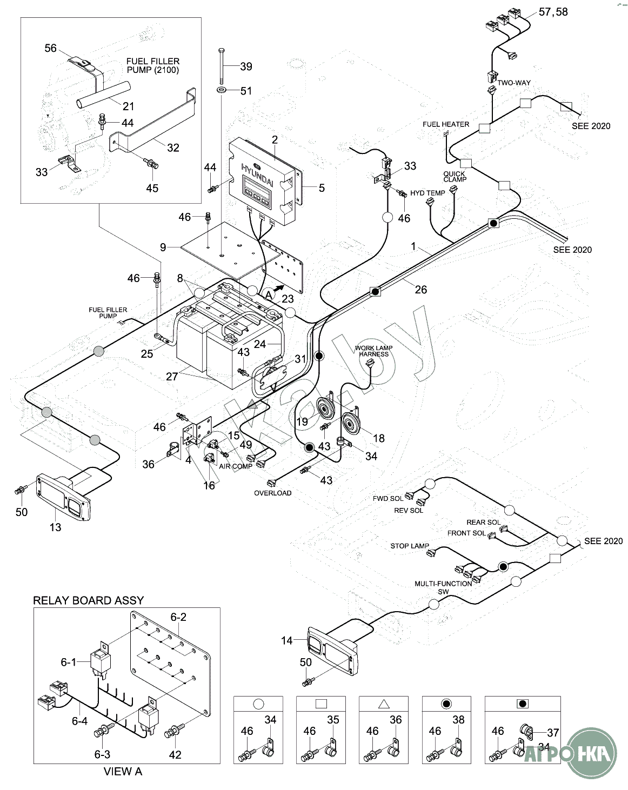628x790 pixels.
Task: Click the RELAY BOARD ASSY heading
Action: pos(89,600)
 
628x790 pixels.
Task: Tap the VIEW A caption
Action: pos(123,772)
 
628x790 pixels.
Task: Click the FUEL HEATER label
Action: pos(445,124)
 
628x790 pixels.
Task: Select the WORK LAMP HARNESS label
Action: pos(373,351)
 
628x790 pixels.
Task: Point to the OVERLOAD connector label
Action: pos(272,493)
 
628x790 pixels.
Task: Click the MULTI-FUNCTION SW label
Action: pos(443,587)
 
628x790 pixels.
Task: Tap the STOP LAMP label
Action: pos(409,546)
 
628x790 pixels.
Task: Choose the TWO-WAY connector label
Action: pos(513,83)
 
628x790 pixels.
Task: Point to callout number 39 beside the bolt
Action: pos(246,66)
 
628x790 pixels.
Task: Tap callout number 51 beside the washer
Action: pos(246,91)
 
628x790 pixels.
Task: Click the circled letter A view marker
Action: pos(269,294)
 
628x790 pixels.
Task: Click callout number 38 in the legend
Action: pos(458,719)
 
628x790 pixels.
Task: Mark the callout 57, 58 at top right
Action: pos(553,12)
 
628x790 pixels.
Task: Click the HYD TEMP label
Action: pos(427,193)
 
